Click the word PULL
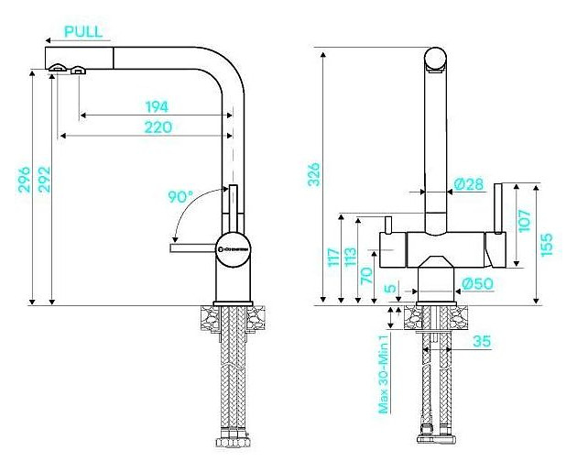coord(83,31)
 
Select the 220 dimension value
coord(158,126)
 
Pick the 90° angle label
coord(180,196)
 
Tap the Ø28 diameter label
coord(469,184)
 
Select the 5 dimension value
coord(391,290)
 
